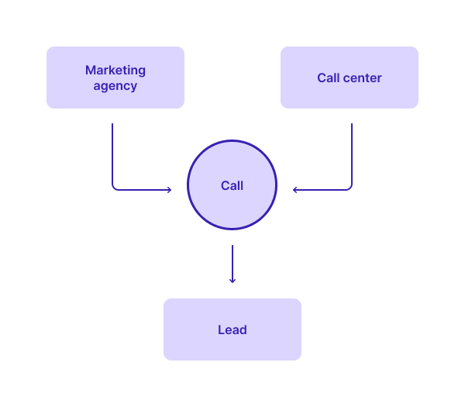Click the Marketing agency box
115,78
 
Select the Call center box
350,78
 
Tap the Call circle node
232,185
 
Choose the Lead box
232,329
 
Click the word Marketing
115,71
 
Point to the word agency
115,86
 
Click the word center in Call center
362,78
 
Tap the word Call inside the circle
232,186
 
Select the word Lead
232,330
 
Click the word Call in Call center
329,78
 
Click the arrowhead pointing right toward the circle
170,190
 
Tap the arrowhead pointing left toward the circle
294,190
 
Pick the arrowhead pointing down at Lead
232,281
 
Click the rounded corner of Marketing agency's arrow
114,188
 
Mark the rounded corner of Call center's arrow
350,188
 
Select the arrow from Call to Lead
232,264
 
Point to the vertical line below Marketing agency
112,153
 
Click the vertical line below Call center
352,153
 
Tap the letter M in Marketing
90,71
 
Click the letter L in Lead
221,330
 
